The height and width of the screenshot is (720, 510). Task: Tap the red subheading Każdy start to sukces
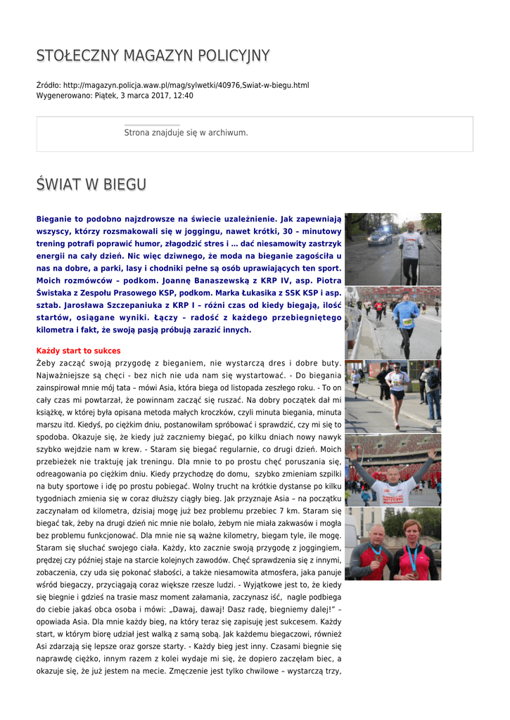pyautogui.click(x=78, y=351)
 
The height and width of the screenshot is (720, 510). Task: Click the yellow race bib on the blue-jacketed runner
pyautogui.click(x=407, y=321)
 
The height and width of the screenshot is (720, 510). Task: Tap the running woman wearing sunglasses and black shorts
pyautogui.click(x=397, y=394)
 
